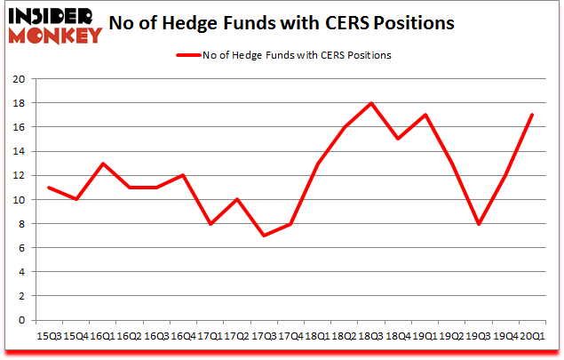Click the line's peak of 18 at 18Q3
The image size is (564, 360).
tap(371, 103)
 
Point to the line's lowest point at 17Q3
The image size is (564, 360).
tap(264, 236)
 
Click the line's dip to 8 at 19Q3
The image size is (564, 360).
tap(479, 224)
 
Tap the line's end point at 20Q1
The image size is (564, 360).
tap(532, 115)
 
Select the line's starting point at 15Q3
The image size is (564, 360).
tap(49, 188)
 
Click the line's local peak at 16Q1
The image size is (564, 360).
tap(102, 164)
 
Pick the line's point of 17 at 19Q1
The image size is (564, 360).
tap(425, 115)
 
